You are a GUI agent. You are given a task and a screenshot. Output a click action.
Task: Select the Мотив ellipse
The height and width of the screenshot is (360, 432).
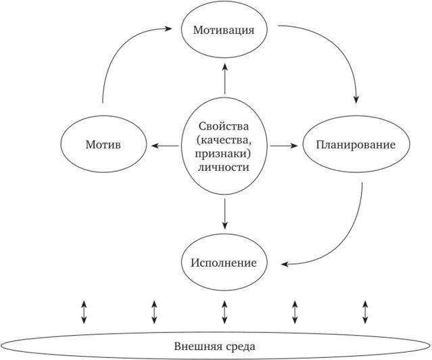(x=103, y=145)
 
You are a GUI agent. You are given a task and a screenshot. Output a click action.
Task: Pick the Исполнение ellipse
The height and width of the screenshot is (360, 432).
(x=224, y=262)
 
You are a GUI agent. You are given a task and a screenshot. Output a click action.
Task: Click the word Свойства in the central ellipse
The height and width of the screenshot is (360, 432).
(x=224, y=126)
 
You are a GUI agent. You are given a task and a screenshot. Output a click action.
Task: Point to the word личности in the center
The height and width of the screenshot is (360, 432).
(x=224, y=167)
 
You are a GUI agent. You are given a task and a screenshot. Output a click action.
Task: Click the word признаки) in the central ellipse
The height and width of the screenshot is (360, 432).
(x=224, y=153)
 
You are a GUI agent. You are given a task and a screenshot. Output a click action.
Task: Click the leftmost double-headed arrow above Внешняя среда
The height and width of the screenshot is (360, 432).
(x=83, y=311)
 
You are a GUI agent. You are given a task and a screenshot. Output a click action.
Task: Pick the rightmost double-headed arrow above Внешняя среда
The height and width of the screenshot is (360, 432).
(x=365, y=311)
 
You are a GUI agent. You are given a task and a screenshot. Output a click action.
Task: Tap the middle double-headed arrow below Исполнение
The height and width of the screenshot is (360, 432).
(x=224, y=311)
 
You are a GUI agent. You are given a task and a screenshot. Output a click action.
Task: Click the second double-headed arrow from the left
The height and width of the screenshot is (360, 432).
(x=154, y=311)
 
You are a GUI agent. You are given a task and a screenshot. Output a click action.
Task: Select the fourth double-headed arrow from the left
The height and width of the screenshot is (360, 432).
(x=295, y=311)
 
